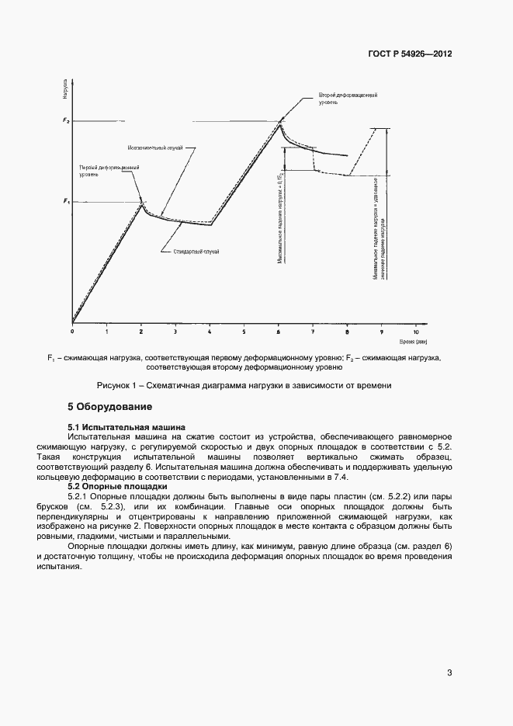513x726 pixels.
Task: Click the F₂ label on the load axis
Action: point(66,121)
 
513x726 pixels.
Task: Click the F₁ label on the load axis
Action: point(66,201)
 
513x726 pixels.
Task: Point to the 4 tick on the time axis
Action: point(210,331)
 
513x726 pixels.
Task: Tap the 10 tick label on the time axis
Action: point(416,331)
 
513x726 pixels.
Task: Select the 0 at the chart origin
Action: point(72,331)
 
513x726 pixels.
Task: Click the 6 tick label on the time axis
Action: point(279,331)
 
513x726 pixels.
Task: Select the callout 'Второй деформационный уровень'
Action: point(348,99)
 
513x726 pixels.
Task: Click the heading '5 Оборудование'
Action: point(109,407)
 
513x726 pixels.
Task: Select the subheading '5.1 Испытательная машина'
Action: point(127,426)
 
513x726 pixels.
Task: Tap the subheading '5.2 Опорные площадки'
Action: point(118,486)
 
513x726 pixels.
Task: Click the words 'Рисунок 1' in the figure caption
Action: point(116,385)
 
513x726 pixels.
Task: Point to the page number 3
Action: point(449,672)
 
